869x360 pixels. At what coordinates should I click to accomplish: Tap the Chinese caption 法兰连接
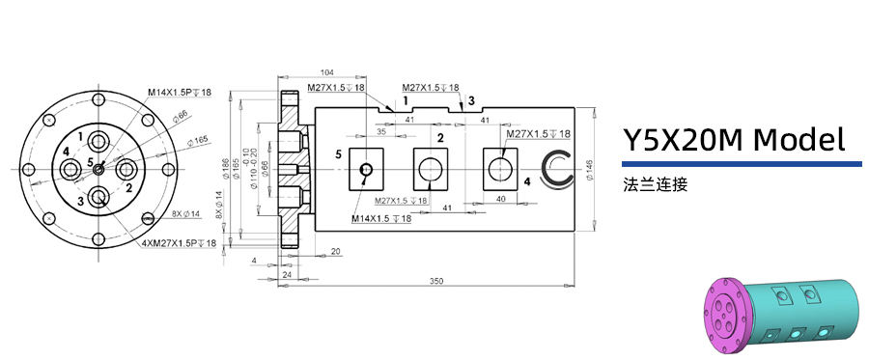click(x=655, y=184)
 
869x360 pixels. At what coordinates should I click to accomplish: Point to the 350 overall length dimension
click(x=436, y=281)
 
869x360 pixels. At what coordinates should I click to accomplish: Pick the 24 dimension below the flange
click(x=287, y=274)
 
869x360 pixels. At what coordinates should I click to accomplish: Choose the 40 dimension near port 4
click(x=500, y=198)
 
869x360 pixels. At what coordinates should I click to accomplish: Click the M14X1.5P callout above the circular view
click(x=180, y=93)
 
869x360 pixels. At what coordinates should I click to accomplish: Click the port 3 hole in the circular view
click(x=98, y=199)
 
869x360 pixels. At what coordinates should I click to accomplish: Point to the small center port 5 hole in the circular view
click(x=99, y=169)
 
